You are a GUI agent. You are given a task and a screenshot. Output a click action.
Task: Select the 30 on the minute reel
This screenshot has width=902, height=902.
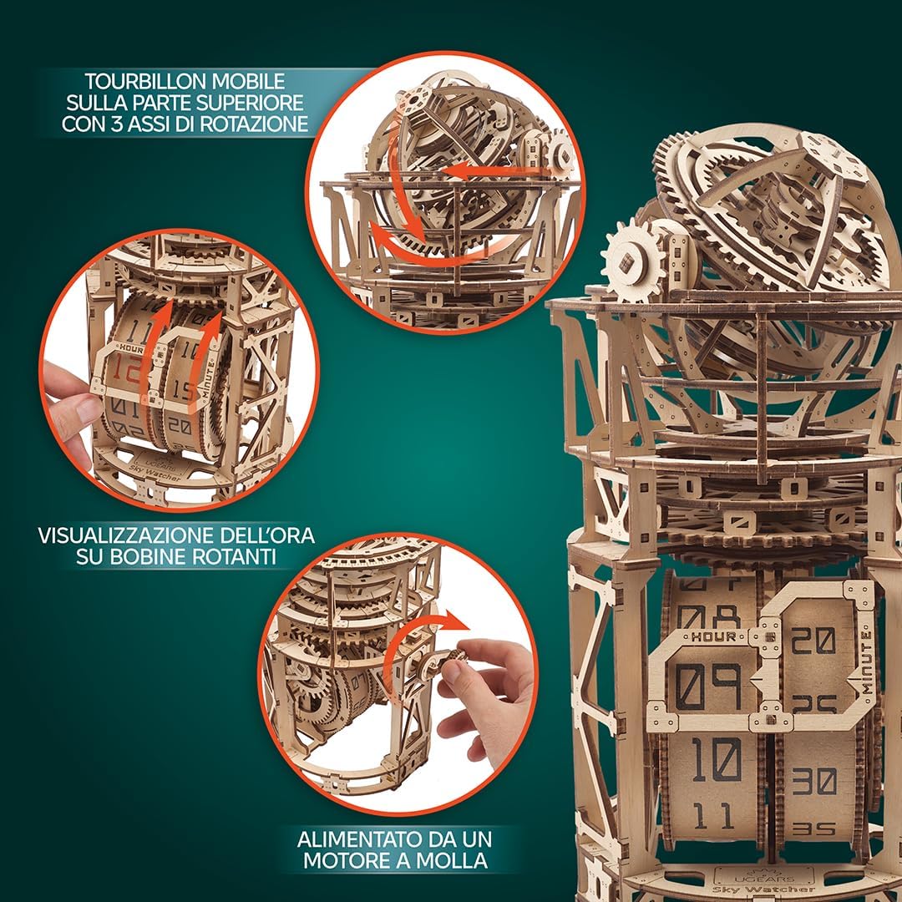click(x=813, y=781)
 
